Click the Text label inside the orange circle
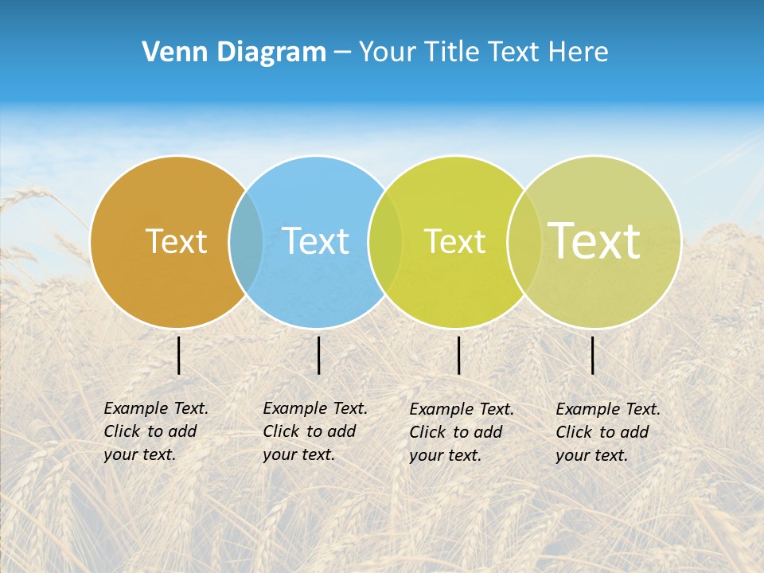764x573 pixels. point(176,241)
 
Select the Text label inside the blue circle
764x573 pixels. point(315,241)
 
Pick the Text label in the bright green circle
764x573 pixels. point(454,241)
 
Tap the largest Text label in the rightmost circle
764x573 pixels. point(594,241)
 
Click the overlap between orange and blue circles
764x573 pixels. point(246,241)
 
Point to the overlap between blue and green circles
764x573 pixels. point(385,241)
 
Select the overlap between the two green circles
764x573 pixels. point(524,241)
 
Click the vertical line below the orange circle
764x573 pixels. point(179,355)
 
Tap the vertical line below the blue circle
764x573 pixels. point(318,355)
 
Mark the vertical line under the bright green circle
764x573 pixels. point(458,355)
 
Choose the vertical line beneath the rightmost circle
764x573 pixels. point(593,355)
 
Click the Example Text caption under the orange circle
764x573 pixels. point(156,408)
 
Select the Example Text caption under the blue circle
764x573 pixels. point(315,408)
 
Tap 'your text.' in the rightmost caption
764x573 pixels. point(591,455)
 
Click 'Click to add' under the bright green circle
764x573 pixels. point(456,432)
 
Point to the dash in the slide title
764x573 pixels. point(342,52)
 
